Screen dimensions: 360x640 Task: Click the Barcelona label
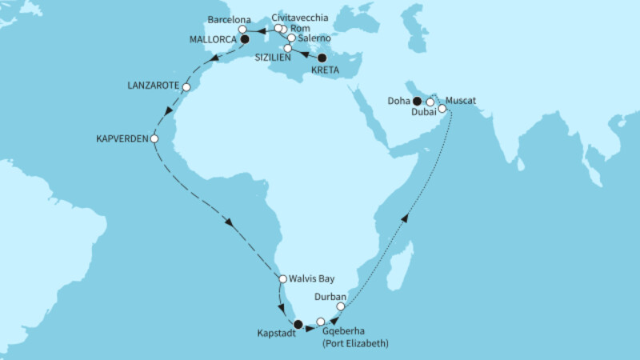[230, 17]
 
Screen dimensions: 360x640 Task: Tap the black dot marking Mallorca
[245, 38]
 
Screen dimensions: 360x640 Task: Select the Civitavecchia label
[300, 17]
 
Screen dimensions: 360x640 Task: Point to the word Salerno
[313, 38]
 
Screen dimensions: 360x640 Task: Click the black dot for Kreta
[322, 58]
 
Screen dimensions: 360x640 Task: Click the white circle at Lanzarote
[186, 87]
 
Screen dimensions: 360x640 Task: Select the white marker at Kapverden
[155, 138]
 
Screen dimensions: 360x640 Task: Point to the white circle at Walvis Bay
[282, 278]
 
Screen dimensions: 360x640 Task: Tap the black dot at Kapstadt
[298, 325]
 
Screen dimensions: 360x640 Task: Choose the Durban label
[330, 296]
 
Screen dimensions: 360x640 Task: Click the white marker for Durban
[341, 306]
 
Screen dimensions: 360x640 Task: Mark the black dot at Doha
[417, 101]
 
